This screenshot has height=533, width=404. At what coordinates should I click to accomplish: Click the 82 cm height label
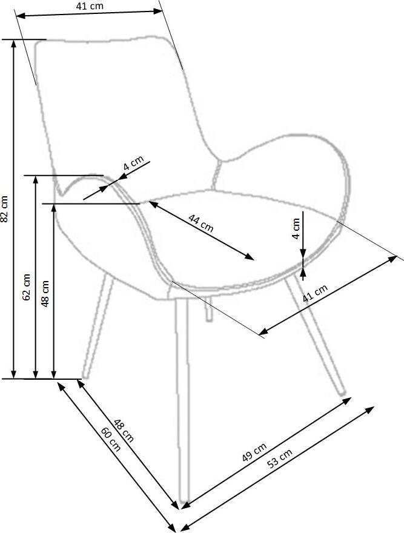tap(4, 209)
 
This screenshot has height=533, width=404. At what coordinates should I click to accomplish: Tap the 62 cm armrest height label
tap(27, 287)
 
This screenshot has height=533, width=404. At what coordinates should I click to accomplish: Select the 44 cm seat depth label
tap(201, 223)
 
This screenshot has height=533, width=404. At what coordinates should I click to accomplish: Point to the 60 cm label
tap(110, 439)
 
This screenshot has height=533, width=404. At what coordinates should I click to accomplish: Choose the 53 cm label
tap(280, 459)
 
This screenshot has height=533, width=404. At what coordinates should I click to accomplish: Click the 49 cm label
tap(254, 452)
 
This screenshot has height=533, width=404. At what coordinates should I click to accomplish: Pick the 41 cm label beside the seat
tap(315, 293)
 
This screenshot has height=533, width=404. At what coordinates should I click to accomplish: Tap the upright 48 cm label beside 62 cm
tap(45, 294)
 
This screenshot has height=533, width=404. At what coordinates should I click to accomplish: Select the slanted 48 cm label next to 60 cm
tap(124, 431)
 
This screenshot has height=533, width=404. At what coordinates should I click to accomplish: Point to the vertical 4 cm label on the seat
tap(296, 229)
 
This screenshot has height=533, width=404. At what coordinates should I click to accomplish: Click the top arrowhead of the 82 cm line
tap(13, 43)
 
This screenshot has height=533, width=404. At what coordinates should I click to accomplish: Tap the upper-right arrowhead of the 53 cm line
tap(370, 409)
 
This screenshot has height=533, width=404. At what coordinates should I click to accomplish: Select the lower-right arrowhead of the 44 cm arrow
tap(250, 257)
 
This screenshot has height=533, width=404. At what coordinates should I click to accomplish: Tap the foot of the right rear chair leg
tap(342, 392)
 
